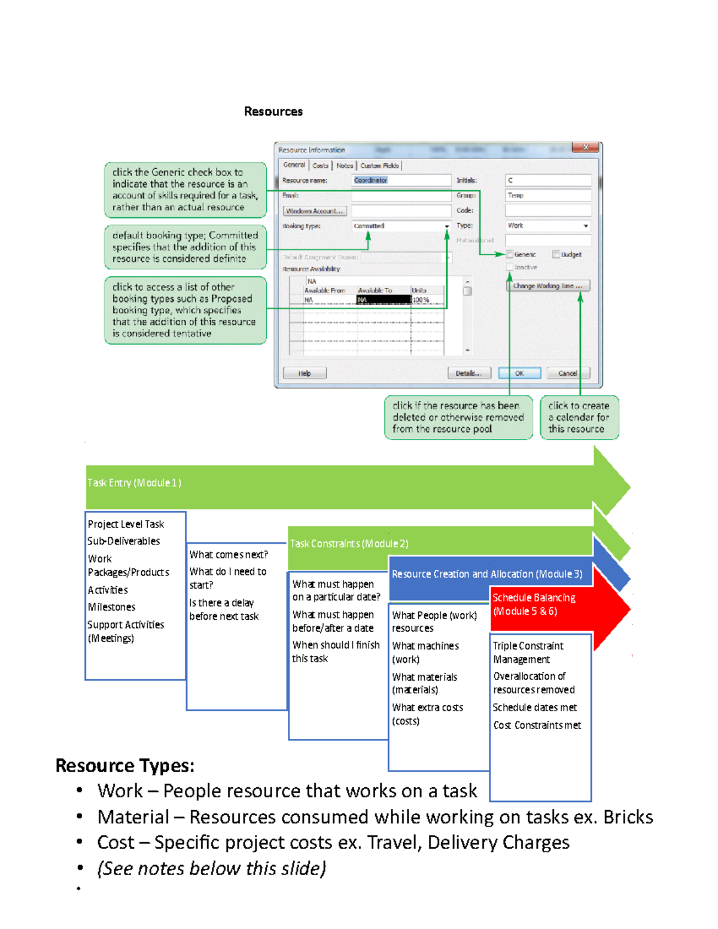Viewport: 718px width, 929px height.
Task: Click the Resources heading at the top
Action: (x=273, y=111)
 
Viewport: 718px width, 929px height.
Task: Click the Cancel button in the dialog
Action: (x=567, y=373)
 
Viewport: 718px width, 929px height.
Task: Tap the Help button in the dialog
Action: (x=305, y=373)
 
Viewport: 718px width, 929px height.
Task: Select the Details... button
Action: (x=468, y=373)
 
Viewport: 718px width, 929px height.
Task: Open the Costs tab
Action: (x=320, y=166)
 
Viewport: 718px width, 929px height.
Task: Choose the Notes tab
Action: (x=345, y=166)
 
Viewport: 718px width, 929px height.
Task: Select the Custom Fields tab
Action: (x=379, y=166)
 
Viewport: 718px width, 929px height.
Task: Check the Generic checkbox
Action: (x=510, y=254)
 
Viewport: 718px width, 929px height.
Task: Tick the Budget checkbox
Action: (x=556, y=254)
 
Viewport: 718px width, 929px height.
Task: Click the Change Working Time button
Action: (x=547, y=286)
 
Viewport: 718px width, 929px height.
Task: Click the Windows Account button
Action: (x=314, y=211)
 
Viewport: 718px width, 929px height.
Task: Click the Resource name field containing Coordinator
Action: (x=401, y=180)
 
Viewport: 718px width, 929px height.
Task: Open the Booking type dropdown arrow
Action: (x=447, y=226)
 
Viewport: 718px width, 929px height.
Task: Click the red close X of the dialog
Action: (x=586, y=148)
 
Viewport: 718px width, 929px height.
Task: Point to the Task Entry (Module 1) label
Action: (x=134, y=483)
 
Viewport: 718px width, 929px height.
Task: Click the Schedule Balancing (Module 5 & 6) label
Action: (x=534, y=604)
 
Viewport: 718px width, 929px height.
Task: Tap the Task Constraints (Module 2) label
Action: (x=349, y=544)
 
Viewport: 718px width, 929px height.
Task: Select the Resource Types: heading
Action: (x=124, y=766)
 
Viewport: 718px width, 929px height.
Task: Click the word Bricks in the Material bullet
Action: (x=628, y=817)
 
